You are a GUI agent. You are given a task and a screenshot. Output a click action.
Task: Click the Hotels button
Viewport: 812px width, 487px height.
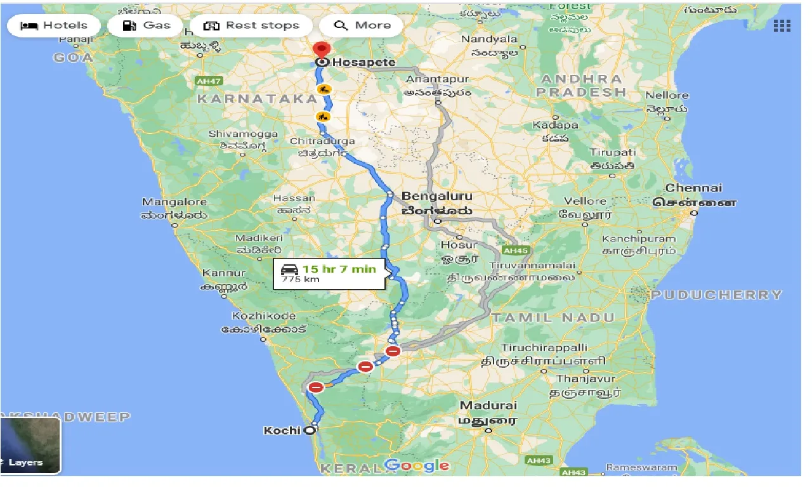tap(54, 25)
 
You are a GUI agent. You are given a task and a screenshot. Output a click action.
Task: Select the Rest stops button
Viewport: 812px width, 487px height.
tap(251, 25)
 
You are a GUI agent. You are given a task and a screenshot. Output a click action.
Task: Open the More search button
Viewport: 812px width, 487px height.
tap(362, 25)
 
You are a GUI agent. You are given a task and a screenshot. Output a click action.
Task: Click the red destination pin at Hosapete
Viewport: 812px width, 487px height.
tap(322, 50)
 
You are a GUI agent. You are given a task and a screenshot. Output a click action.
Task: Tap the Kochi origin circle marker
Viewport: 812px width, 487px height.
tap(310, 431)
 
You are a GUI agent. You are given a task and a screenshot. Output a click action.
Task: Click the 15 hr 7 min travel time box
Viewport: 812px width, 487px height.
tap(329, 273)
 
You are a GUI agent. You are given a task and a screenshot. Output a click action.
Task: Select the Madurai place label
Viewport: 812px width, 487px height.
tap(488, 406)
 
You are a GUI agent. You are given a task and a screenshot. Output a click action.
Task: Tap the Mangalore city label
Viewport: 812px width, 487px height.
tap(174, 202)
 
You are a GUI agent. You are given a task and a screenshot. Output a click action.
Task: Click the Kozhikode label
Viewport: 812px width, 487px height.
tap(264, 316)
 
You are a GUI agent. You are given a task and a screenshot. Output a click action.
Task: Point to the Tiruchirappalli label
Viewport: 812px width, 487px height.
tap(544, 347)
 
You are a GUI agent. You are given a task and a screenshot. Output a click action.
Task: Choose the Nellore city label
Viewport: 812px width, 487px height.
tap(667, 96)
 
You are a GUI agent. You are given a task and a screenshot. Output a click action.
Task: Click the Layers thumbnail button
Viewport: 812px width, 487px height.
tap(30, 446)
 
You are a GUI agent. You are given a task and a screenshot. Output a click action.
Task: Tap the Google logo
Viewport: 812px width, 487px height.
tap(417, 466)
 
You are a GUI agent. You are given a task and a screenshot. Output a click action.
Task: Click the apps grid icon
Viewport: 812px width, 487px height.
tap(782, 25)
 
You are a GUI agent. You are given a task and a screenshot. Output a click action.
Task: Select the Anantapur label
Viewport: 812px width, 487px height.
tap(437, 79)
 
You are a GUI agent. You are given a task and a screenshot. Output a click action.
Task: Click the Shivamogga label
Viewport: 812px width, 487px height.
tap(244, 134)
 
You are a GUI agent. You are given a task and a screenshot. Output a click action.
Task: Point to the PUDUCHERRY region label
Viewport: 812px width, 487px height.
tap(717, 295)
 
